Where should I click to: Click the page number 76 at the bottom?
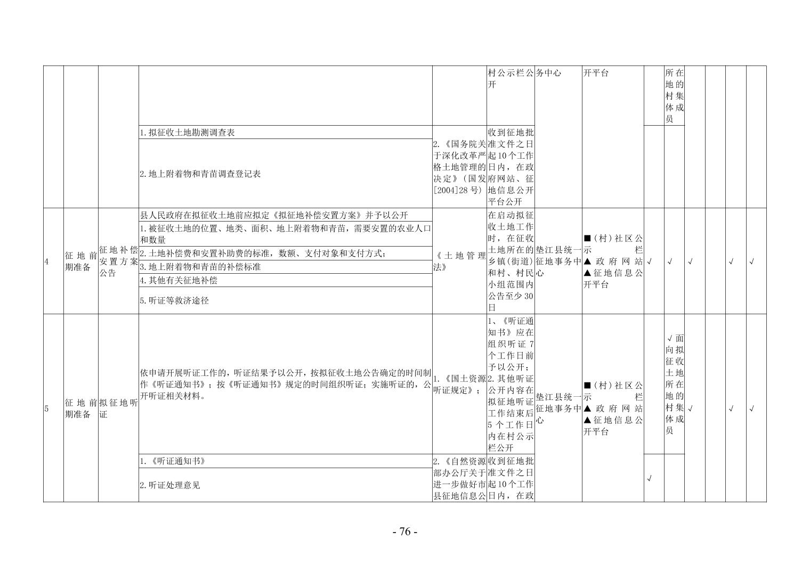point(405,532)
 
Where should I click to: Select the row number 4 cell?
point(53,261)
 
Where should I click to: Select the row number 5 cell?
point(53,408)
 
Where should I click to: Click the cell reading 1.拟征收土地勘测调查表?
point(285,132)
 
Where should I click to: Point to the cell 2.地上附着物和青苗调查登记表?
point(285,174)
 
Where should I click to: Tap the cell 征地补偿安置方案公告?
point(119,261)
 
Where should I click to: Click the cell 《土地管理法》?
point(459,261)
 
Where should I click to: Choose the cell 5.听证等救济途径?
point(285,300)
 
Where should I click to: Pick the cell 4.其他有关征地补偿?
point(285,280)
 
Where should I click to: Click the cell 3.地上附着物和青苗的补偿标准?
point(285,267)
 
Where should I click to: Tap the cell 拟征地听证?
point(119,408)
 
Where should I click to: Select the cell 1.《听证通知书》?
point(285,461)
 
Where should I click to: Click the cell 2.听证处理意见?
point(285,485)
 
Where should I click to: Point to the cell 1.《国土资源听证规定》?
point(459,384)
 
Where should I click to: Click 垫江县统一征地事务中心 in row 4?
point(558,261)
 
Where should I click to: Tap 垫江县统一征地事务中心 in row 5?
point(558,408)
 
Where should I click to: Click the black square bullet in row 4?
point(587,239)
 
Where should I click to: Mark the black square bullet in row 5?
point(587,386)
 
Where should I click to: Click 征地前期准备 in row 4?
point(81,261)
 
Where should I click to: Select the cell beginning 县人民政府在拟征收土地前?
point(285,215)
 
